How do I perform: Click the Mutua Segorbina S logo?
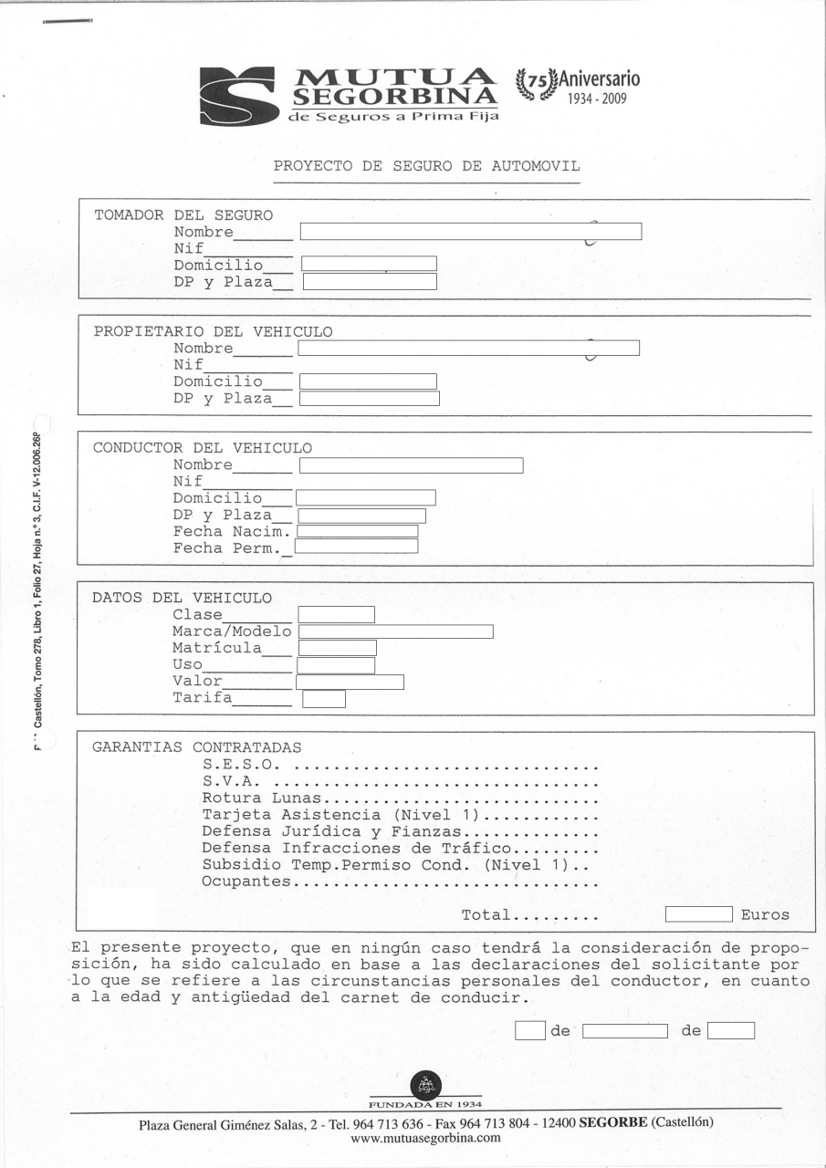point(239,95)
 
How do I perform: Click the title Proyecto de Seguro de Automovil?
point(426,167)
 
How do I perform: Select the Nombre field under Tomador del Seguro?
point(471,232)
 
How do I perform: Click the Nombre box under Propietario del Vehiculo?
point(468,348)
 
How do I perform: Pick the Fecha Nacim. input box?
point(357,531)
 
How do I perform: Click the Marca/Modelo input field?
point(395,631)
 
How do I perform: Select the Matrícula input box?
point(337,648)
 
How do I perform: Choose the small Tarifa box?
point(324,700)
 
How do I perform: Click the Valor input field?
point(350,682)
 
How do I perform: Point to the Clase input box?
point(336,614)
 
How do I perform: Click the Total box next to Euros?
point(698,914)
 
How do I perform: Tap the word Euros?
point(765,915)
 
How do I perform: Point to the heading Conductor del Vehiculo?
point(203,448)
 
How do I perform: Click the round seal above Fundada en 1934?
point(425,1085)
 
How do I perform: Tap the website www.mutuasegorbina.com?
point(425,1138)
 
